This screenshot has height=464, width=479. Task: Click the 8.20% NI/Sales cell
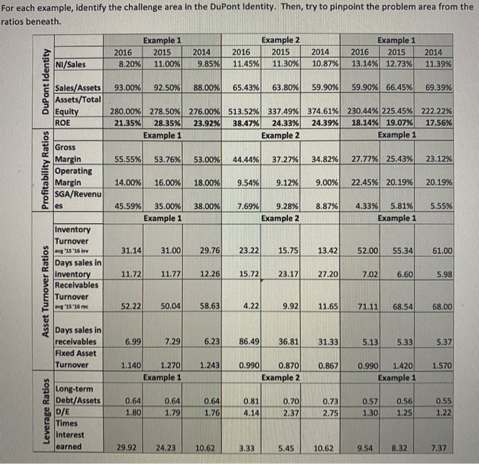pos(124,64)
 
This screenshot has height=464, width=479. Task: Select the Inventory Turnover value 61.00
pos(442,251)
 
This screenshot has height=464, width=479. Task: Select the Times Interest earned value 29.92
pos(128,447)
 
